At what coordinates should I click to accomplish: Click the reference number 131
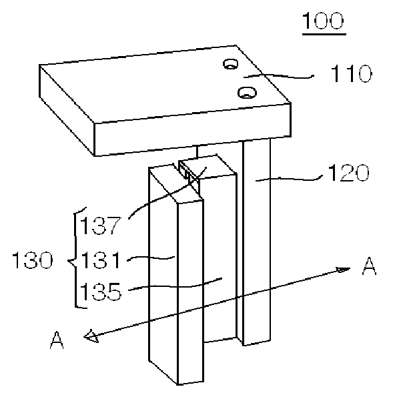coord(100,257)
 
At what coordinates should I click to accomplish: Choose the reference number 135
coord(100,292)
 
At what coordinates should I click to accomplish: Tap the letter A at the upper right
coord(368,267)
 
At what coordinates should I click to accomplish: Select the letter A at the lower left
coord(57,341)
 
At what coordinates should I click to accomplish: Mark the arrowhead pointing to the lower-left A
coord(89,338)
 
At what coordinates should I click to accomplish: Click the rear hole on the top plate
coord(232,64)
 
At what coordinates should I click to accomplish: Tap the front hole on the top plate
coord(248,91)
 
